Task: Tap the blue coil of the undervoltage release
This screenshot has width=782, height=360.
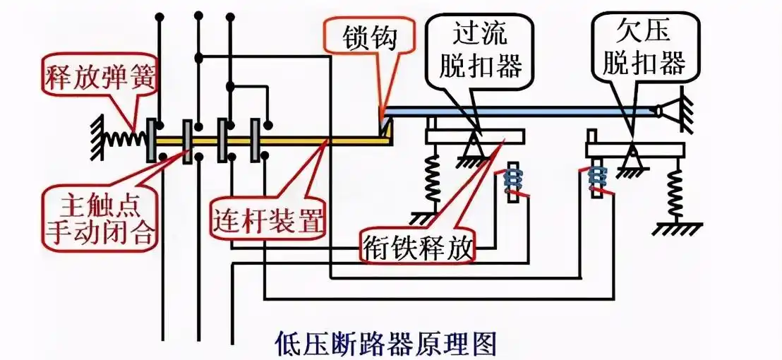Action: click(x=598, y=181)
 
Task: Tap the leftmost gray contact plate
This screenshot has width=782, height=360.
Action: click(x=151, y=140)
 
